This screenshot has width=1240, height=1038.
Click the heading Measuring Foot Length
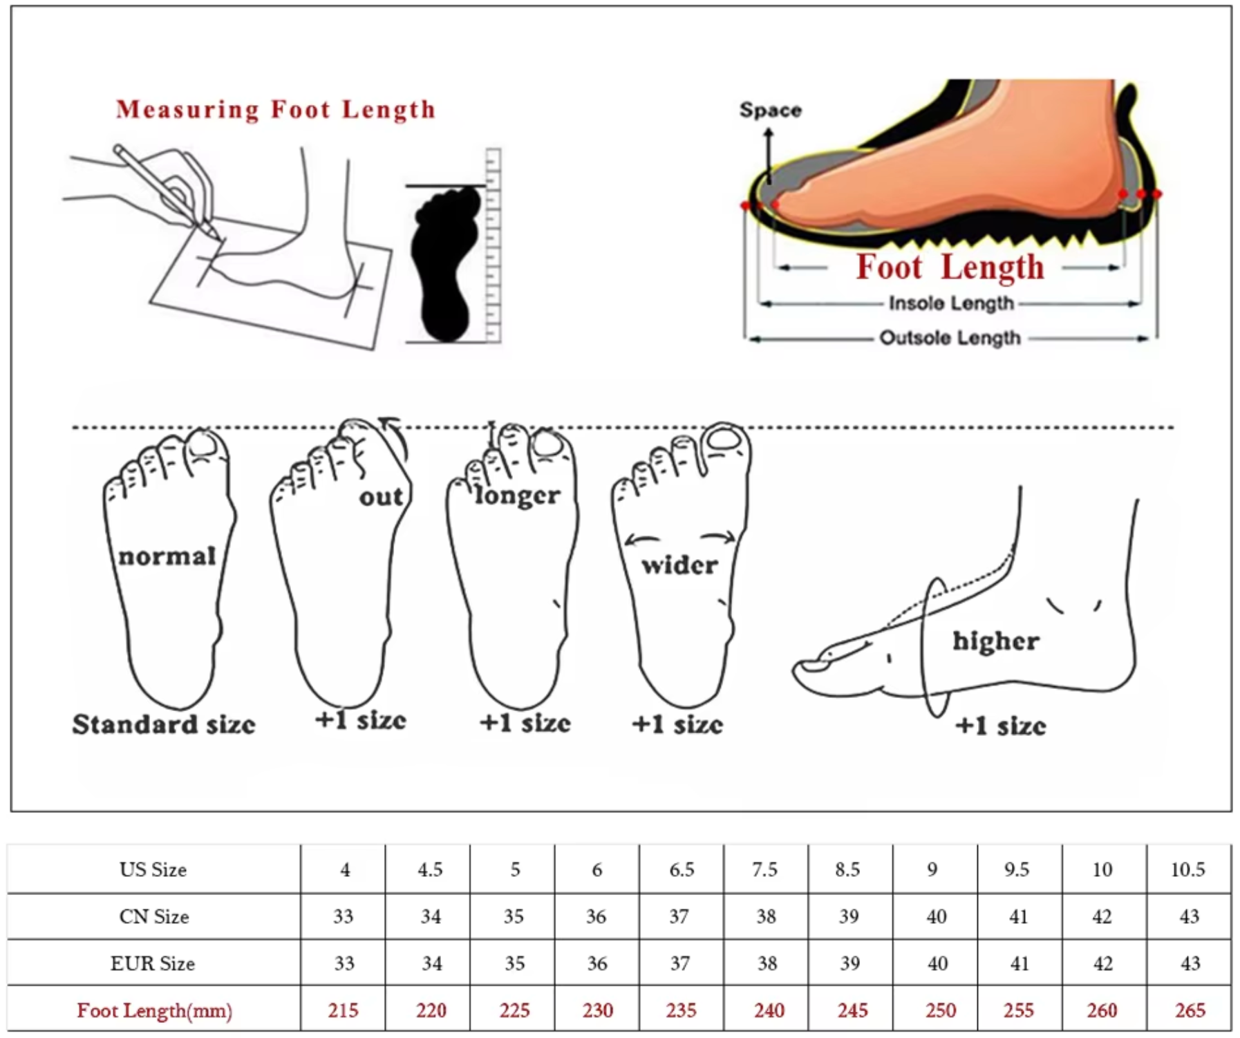pyautogui.click(x=276, y=109)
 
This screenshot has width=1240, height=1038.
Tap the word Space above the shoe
pyautogui.click(x=771, y=110)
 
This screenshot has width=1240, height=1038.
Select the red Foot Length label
pyautogui.click(x=950, y=267)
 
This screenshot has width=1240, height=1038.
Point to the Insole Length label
pyautogui.click(x=951, y=303)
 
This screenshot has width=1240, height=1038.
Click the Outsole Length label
pyautogui.click(x=950, y=338)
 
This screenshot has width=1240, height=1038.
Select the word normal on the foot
pyautogui.click(x=167, y=556)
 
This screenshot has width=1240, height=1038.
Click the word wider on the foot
pyautogui.click(x=679, y=565)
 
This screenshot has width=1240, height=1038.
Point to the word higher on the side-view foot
pyautogui.click(x=995, y=641)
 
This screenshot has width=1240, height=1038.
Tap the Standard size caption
pyautogui.click(x=164, y=724)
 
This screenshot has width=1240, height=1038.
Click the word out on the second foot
pyautogui.click(x=381, y=496)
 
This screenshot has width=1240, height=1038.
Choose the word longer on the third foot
pyautogui.click(x=518, y=496)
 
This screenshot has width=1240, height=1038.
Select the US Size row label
pyautogui.click(x=153, y=869)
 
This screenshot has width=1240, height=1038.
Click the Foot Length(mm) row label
pyautogui.click(x=154, y=1010)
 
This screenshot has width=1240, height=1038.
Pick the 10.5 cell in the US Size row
pyautogui.click(x=1187, y=869)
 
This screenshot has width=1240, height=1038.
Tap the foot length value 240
pyautogui.click(x=769, y=1010)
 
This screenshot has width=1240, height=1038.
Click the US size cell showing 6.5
pyautogui.click(x=682, y=869)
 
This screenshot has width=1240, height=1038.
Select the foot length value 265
pyautogui.click(x=1190, y=1010)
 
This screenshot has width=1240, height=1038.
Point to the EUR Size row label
pyautogui.click(x=153, y=963)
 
